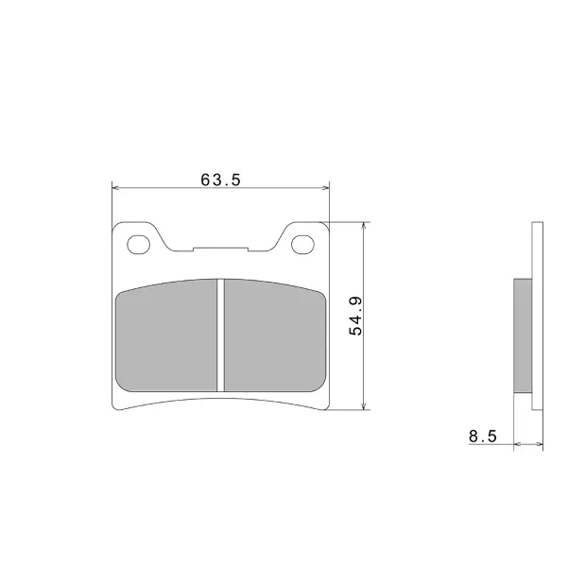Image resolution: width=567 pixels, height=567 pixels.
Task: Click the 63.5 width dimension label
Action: pyautogui.click(x=220, y=180)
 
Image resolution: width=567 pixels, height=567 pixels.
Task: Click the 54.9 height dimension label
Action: pyautogui.click(x=356, y=316)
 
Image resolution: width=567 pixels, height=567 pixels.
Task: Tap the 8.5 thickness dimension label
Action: pyautogui.click(x=483, y=437)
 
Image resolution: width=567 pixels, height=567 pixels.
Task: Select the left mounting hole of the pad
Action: pyautogui.click(x=139, y=245)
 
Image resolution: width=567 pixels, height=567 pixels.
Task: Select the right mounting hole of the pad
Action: pyautogui.click(x=302, y=245)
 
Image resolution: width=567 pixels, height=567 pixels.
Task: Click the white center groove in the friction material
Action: pyautogui.click(x=220, y=335)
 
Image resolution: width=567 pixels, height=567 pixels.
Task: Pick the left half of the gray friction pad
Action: pyautogui.click(x=166, y=335)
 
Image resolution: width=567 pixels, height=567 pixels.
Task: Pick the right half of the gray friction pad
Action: pyautogui.click(x=275, y=335)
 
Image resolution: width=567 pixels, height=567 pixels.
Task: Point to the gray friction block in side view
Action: pyautogui.click(x=523, y=335)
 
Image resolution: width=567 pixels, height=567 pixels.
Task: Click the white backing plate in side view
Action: pyautogui.click(x=538, y=316)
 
